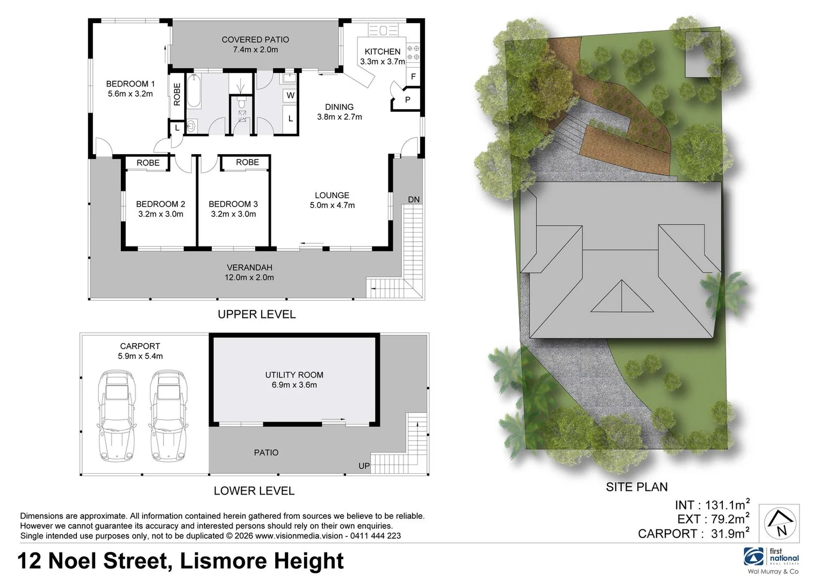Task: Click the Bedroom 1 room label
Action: (x=130, y=84)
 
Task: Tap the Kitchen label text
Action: (x=382, y=52)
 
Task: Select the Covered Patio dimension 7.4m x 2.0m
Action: (x=255, y=49)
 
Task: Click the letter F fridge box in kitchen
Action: (x=413, y=77)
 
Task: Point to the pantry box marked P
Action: (x=407, y=100)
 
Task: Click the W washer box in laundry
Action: (x=290, y=96)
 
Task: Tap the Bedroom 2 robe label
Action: (x=148, y=163)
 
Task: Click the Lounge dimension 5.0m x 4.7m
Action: (x=332, y=205)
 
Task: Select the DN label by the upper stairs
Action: (x=413, y=200)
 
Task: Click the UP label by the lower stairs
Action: (x=364, y=466)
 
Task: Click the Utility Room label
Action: (x=294, y=375)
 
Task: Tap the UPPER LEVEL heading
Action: (x=256, y=314)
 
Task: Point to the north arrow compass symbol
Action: (x=781, y=523)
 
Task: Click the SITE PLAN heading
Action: (x=636, y=487)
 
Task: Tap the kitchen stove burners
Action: (x=413, y=52)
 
